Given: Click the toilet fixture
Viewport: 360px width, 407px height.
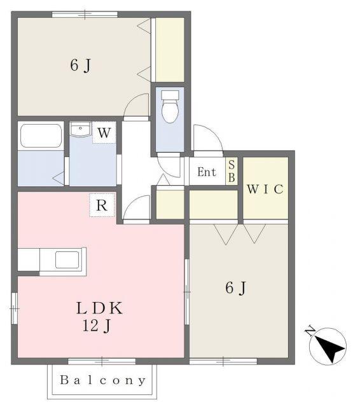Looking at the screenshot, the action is [170, 106].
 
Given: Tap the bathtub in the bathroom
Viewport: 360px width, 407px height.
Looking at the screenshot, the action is [41, 135].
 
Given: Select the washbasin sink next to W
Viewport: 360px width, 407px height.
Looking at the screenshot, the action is [80, 128].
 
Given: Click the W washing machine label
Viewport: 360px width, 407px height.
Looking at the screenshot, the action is [104, 133].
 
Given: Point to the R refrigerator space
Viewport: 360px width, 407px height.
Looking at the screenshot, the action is [102, 205].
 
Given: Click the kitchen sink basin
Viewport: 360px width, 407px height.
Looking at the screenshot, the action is [67, 259].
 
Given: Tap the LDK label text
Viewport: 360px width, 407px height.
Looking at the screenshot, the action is [99, 308].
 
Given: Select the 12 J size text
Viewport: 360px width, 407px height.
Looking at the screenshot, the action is [97, 326].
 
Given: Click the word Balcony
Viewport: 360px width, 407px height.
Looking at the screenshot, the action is [103, 380].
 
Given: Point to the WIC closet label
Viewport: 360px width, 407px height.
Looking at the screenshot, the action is [265, 189].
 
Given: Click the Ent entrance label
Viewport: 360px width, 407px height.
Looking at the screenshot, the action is [207, 172].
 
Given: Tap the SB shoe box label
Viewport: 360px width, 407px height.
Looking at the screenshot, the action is [232, 171].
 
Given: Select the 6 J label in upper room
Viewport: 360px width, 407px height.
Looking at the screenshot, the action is [81, 65].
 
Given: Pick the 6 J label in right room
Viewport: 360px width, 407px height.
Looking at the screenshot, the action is [236, 288].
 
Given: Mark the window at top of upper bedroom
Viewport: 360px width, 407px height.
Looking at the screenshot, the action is [85, 15].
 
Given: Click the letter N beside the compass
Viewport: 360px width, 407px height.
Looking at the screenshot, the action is [310, 331].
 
